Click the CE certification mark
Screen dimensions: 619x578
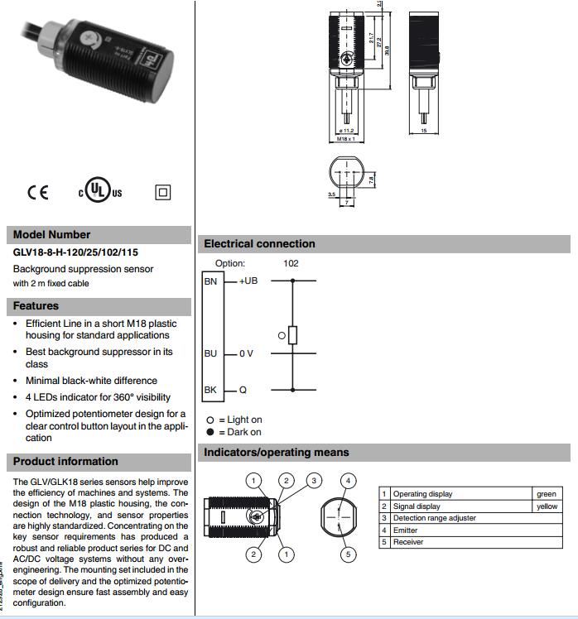click(38, 192)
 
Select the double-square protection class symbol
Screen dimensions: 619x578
click(162, 192)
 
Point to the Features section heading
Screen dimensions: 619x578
click(36, 305)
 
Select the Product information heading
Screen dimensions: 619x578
click(65, 461)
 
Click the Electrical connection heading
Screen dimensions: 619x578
click(259, 243)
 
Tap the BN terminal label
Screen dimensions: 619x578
click(210, 281)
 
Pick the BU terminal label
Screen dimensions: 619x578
click(210, 353)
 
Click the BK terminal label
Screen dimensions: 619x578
click(210, 390)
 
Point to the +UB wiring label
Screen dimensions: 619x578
click(248, 281)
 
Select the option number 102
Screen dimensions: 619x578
click(291, 263)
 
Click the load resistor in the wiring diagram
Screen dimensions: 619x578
click(292, 334)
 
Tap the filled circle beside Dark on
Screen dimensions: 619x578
click(210, 432)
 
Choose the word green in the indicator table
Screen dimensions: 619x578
click(547, 494)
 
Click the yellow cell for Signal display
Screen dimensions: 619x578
click(547, 506)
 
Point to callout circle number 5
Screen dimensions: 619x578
click(349, 554)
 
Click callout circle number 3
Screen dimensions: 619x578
click(314, 480)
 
